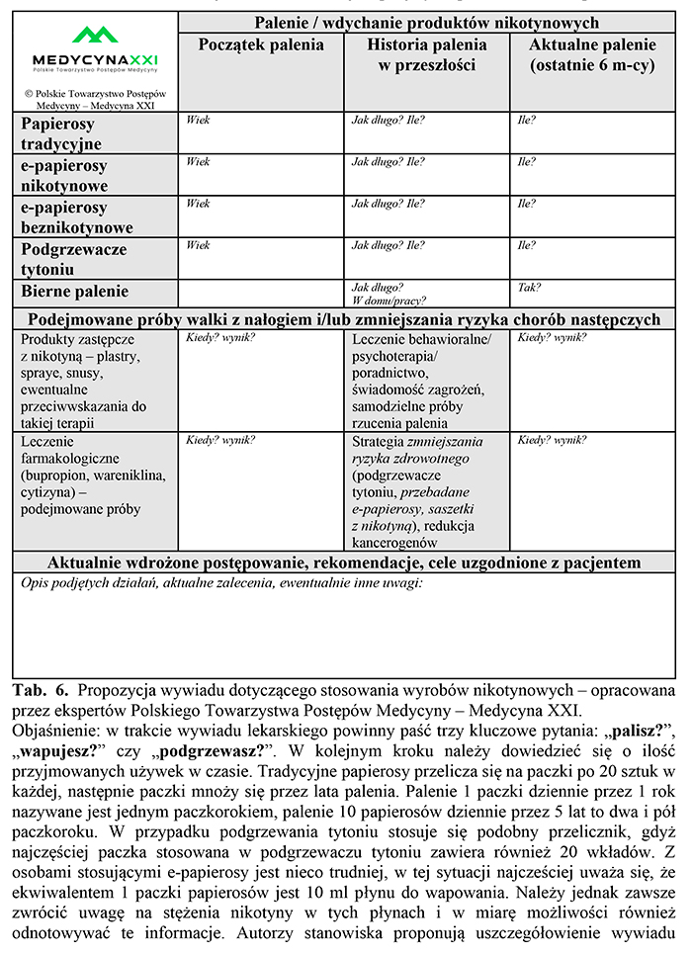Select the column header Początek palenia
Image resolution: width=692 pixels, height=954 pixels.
coord(261,44)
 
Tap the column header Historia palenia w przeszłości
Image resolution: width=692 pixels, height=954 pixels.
coord(427,54)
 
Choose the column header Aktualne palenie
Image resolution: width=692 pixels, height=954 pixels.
coord(592,54)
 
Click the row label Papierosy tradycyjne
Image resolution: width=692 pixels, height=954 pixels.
coord(59,134)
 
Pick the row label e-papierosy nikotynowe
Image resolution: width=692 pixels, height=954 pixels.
coord(64,176)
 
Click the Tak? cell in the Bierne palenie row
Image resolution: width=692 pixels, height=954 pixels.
coord(530,288)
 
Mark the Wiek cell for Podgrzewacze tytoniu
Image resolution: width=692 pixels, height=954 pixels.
coord(198,245)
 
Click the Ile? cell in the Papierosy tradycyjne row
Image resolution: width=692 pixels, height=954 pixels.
coord(527,120)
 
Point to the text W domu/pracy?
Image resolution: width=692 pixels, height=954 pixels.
coord(389,301)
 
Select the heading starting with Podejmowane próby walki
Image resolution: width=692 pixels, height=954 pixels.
coord(344,319)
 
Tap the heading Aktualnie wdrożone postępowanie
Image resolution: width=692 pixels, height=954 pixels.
coord(344,563)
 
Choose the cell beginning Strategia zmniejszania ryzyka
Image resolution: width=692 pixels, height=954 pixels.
coord(420,488)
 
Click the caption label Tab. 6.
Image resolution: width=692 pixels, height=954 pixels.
coord(41,690)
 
